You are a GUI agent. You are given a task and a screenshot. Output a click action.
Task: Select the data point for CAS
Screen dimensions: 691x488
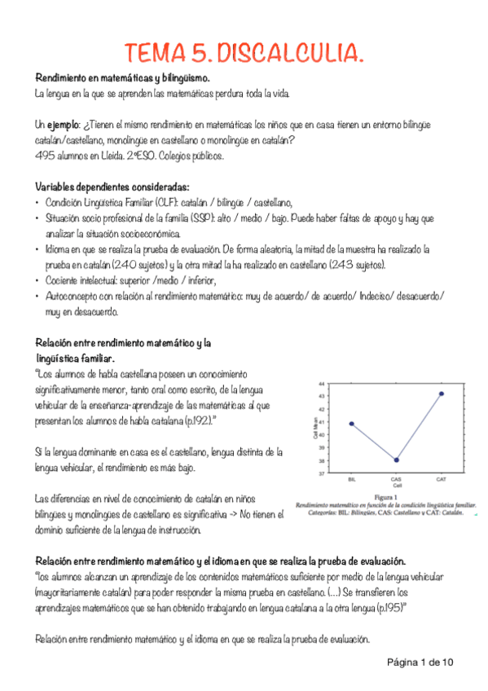[396, 460]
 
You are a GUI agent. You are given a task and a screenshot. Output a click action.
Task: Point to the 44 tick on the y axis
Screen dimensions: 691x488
[321, 383]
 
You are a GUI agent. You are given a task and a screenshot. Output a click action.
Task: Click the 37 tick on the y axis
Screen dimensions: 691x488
[321, 473]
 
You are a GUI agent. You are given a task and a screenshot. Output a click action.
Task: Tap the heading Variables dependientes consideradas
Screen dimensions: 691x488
[112, 185]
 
